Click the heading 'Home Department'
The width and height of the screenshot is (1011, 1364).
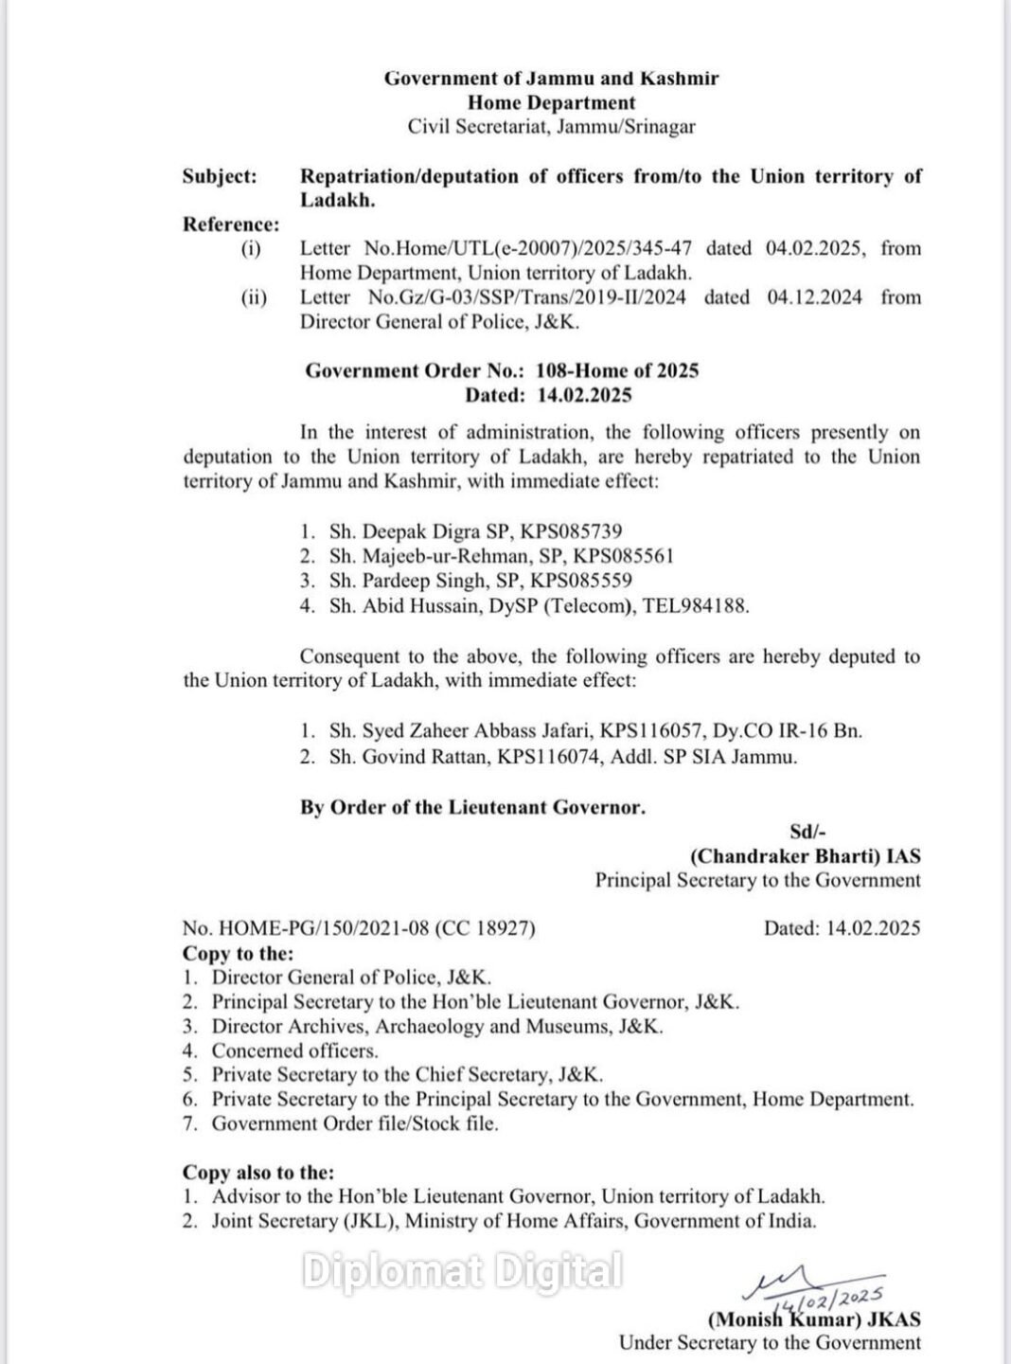click(551, 102)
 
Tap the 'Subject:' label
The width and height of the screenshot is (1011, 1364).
click(220, 176)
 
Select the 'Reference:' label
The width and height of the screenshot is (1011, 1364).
click(231, 224)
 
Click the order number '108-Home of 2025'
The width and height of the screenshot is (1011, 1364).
click(617, 370)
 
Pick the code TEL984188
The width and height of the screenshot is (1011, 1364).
click(696, 605)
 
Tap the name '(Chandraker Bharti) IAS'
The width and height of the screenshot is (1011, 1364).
click(805, 855)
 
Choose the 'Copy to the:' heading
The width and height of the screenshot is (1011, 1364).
click(238, 953)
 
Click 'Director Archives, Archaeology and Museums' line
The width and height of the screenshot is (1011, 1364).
click(437, 1026)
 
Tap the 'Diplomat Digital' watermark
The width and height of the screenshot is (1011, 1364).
click(462, 1271)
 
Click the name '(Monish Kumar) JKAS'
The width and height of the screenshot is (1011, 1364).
click(813, 1319)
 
